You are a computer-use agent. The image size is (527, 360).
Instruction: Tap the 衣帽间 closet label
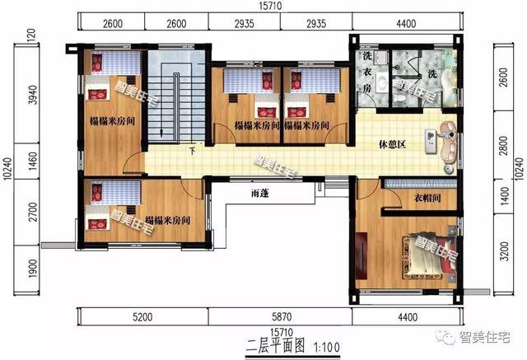coord(428,199)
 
